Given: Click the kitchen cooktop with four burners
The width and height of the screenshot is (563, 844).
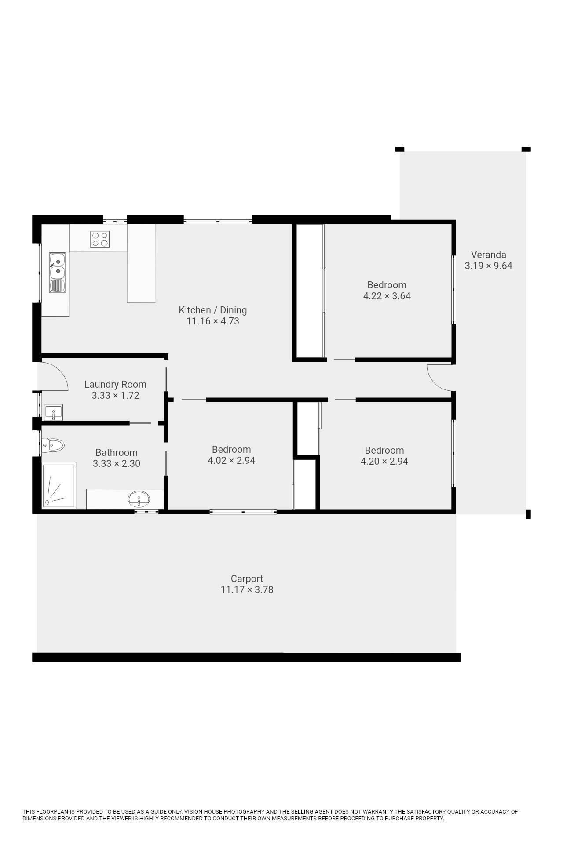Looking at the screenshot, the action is (x=100, y=239).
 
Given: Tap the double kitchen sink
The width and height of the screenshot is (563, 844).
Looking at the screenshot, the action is (x=57, y=273).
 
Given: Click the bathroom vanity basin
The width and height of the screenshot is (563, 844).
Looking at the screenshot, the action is (x=139, y=499).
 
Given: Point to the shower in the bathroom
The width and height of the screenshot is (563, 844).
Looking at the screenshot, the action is (x=59, y=486).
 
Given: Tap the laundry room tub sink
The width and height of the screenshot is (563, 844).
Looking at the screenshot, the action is (x=54, y=412).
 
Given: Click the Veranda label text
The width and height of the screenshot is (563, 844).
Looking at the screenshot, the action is (x=488, y=255).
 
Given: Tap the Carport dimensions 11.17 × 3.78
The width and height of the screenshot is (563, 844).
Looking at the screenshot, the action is (x=247, y=589).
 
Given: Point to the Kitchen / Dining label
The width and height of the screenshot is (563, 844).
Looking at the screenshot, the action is (x=212, y=310).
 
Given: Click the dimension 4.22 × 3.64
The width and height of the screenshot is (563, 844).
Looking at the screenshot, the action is (x=387, y=296).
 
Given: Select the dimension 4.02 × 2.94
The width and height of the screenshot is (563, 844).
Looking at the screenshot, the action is (x=231, y=460).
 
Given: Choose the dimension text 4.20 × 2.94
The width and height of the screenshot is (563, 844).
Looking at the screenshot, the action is (x=384, y=461).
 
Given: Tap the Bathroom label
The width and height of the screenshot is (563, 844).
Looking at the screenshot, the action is (x=117, y=452).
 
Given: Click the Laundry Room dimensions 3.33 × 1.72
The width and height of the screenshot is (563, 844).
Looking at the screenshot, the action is (x=115, y=395).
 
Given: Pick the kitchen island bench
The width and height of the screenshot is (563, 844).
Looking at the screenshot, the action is (x=141, y=263).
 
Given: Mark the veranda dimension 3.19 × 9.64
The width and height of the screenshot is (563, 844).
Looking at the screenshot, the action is (x=488, y=266).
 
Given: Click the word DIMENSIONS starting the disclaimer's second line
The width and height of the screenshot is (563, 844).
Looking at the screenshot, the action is (x=40, y=818).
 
